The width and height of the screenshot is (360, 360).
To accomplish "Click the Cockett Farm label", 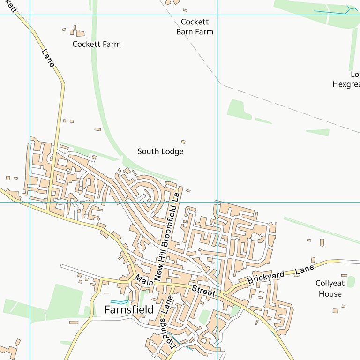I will pyautogui.click(x=96, y=44).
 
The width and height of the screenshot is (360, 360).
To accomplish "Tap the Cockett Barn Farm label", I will pyautogui.click(x=195, y=27).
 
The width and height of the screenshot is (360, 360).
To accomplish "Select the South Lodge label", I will pyautogui.click(x=160, y=151).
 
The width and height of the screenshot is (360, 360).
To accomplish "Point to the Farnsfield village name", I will pyautogui.click(x=129, y=310).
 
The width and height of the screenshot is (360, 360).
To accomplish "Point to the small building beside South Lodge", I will pyautogui.click(x=183, y=142).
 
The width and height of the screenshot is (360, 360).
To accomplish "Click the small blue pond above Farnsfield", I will pyautogui.click(x=120, y=301).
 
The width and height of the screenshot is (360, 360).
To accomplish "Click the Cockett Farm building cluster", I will pyautogui.click(x=76, y=32).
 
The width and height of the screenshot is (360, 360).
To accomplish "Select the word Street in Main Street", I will pyautogui.click(x=203, y=291).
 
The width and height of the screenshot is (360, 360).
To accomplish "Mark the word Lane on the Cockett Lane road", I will pyautogui.click(x=48, y=58).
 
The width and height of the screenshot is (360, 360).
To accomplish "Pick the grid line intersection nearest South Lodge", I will pyautogui.click(x=217, y=202).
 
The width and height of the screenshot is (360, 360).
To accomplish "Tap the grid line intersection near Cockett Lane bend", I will pyautogui.click(x=30, y=15).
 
